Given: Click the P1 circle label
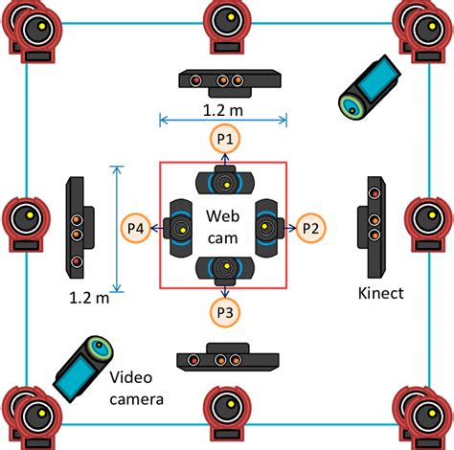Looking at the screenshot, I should click(x=224, y=140).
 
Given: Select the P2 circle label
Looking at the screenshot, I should click(x=309, y=228).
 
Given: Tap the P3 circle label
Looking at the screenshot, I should click(x=224, y=310).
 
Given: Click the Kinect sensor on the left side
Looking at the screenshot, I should click(x=78, y=224).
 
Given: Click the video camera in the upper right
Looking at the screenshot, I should click(x=368, y=86).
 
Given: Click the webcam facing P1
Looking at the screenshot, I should click(x=224, y=182).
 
